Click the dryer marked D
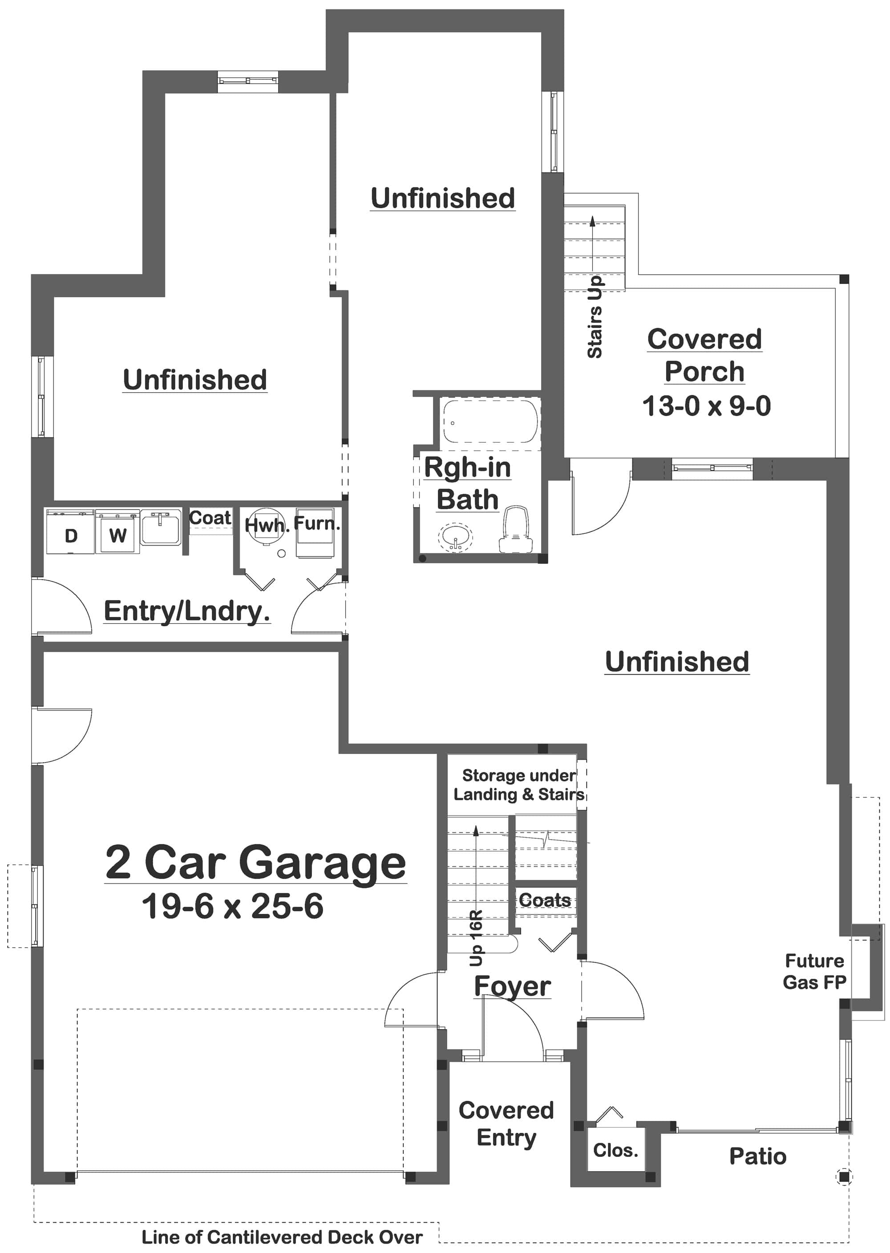point(70,532)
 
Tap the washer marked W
point(117,532)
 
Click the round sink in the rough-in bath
point(455,537)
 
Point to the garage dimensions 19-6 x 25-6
point(232,907)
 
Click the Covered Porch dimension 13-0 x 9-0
point(706,406)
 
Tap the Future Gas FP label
point(814,971)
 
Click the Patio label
point(757,1156)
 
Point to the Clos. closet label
point(615,1150)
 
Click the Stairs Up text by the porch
point(595,317)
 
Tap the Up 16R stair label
point(476,938)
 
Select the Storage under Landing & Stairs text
point(518,784)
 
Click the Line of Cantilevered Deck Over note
point(282,1237)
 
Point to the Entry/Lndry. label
point(187,611)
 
